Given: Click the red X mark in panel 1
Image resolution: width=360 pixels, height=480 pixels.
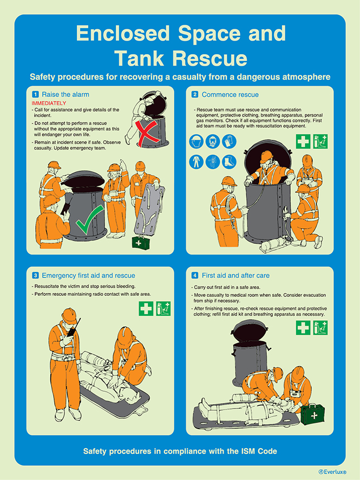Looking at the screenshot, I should [153, 131].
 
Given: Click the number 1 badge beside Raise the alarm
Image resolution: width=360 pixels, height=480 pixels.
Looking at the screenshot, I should [35, 94].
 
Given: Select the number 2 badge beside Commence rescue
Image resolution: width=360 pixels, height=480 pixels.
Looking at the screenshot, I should [195, 94].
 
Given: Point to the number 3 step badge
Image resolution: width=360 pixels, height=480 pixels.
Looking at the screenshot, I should [35, 275].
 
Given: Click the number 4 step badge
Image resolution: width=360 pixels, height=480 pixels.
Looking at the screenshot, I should [195, 275].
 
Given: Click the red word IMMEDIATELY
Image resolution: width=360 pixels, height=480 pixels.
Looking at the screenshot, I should [49, 103].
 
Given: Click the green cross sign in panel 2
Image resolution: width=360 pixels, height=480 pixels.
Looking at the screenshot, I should [303, 142].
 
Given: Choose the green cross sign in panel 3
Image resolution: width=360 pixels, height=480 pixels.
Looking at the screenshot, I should [146, 309].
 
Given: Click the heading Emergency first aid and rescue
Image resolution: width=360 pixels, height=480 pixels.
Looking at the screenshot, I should [88, 275].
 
